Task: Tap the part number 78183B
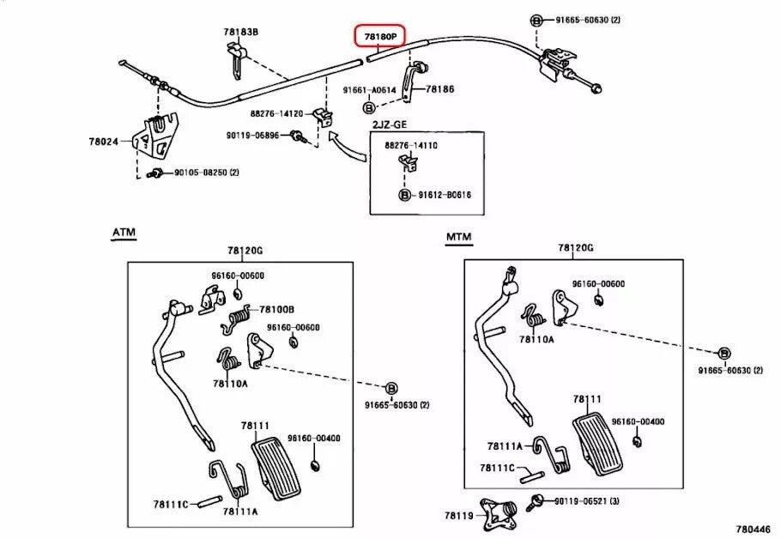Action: pyautogui.click(x=240, y=32)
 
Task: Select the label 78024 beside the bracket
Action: pyautogui.click(x=102, y=142)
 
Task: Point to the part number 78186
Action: pyautogui.click(x=439, y=89)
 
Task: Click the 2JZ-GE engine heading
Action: pyautogui.click(x=387, y=125)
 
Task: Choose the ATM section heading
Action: pyautogui.click(x=124, y=232)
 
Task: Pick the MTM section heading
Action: pyautogui.click(x=458, y=236)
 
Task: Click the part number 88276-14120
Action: pyautogui.click(x=276, y=113)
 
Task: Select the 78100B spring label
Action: pyautogui.click(x=277, y=309)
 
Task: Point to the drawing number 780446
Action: pyautogui.click(x=752, y=530)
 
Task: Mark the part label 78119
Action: pyautogui.click(x=457, y=515)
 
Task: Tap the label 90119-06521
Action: pyautogui.click(x=586, y=500)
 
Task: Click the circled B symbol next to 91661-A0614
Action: pyautogui.click(x=368, y=107)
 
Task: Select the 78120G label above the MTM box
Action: pyautogui.click(x=576, y=247)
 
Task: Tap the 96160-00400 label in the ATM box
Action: pyautogui.click(x=313, y=439)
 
